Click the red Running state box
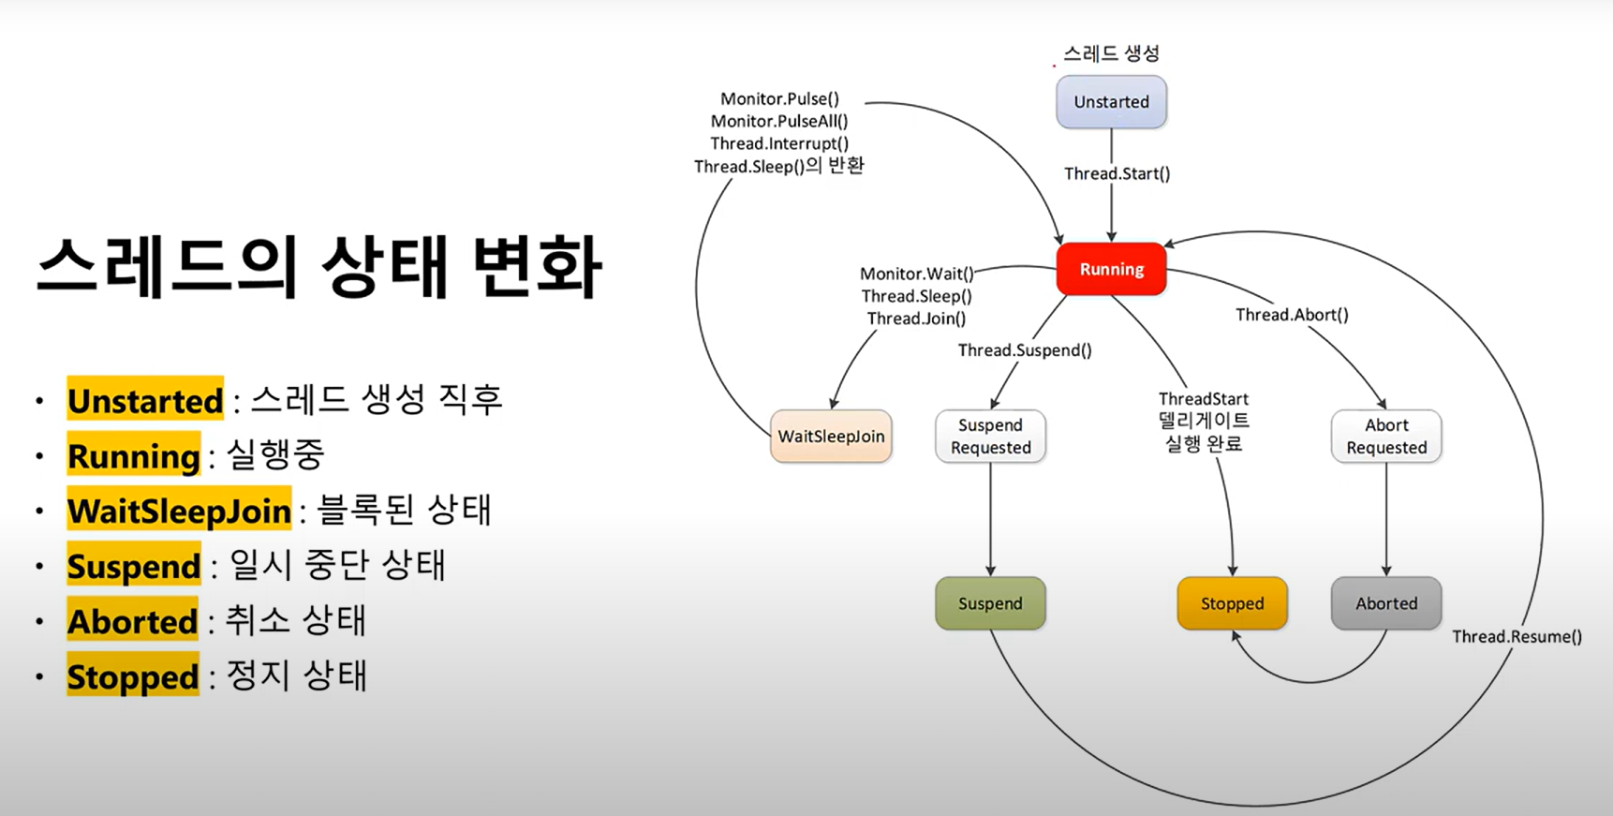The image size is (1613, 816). click(1111, 269)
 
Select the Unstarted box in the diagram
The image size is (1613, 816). click(1111, 102)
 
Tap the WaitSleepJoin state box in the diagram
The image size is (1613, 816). click(831, 436)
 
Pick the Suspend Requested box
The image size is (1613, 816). click(990, 437)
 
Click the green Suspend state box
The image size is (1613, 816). click(990, 603)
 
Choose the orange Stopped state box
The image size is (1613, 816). click(1232, 603)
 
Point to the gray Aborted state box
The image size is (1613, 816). click(1385, 603)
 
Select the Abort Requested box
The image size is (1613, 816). click(1385, 437)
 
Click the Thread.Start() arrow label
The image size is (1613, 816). click(1117, 173)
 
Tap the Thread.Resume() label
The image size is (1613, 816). click(1517, 636)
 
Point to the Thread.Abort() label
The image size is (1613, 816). click(1292, 315)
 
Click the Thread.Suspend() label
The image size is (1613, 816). click(1025, 350)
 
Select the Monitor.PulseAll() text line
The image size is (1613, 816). click(779, 121)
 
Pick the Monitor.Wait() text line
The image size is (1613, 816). click(916, 274)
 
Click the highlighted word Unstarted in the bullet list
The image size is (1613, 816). click(145, 401)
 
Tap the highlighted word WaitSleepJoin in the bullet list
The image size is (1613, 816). click(179, 512)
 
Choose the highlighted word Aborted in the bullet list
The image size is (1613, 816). click(133, 622)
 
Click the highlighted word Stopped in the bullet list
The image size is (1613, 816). click(133, 676)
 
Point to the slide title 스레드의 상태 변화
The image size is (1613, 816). click(318, 267)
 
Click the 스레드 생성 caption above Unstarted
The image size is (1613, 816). click(1111, 53)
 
